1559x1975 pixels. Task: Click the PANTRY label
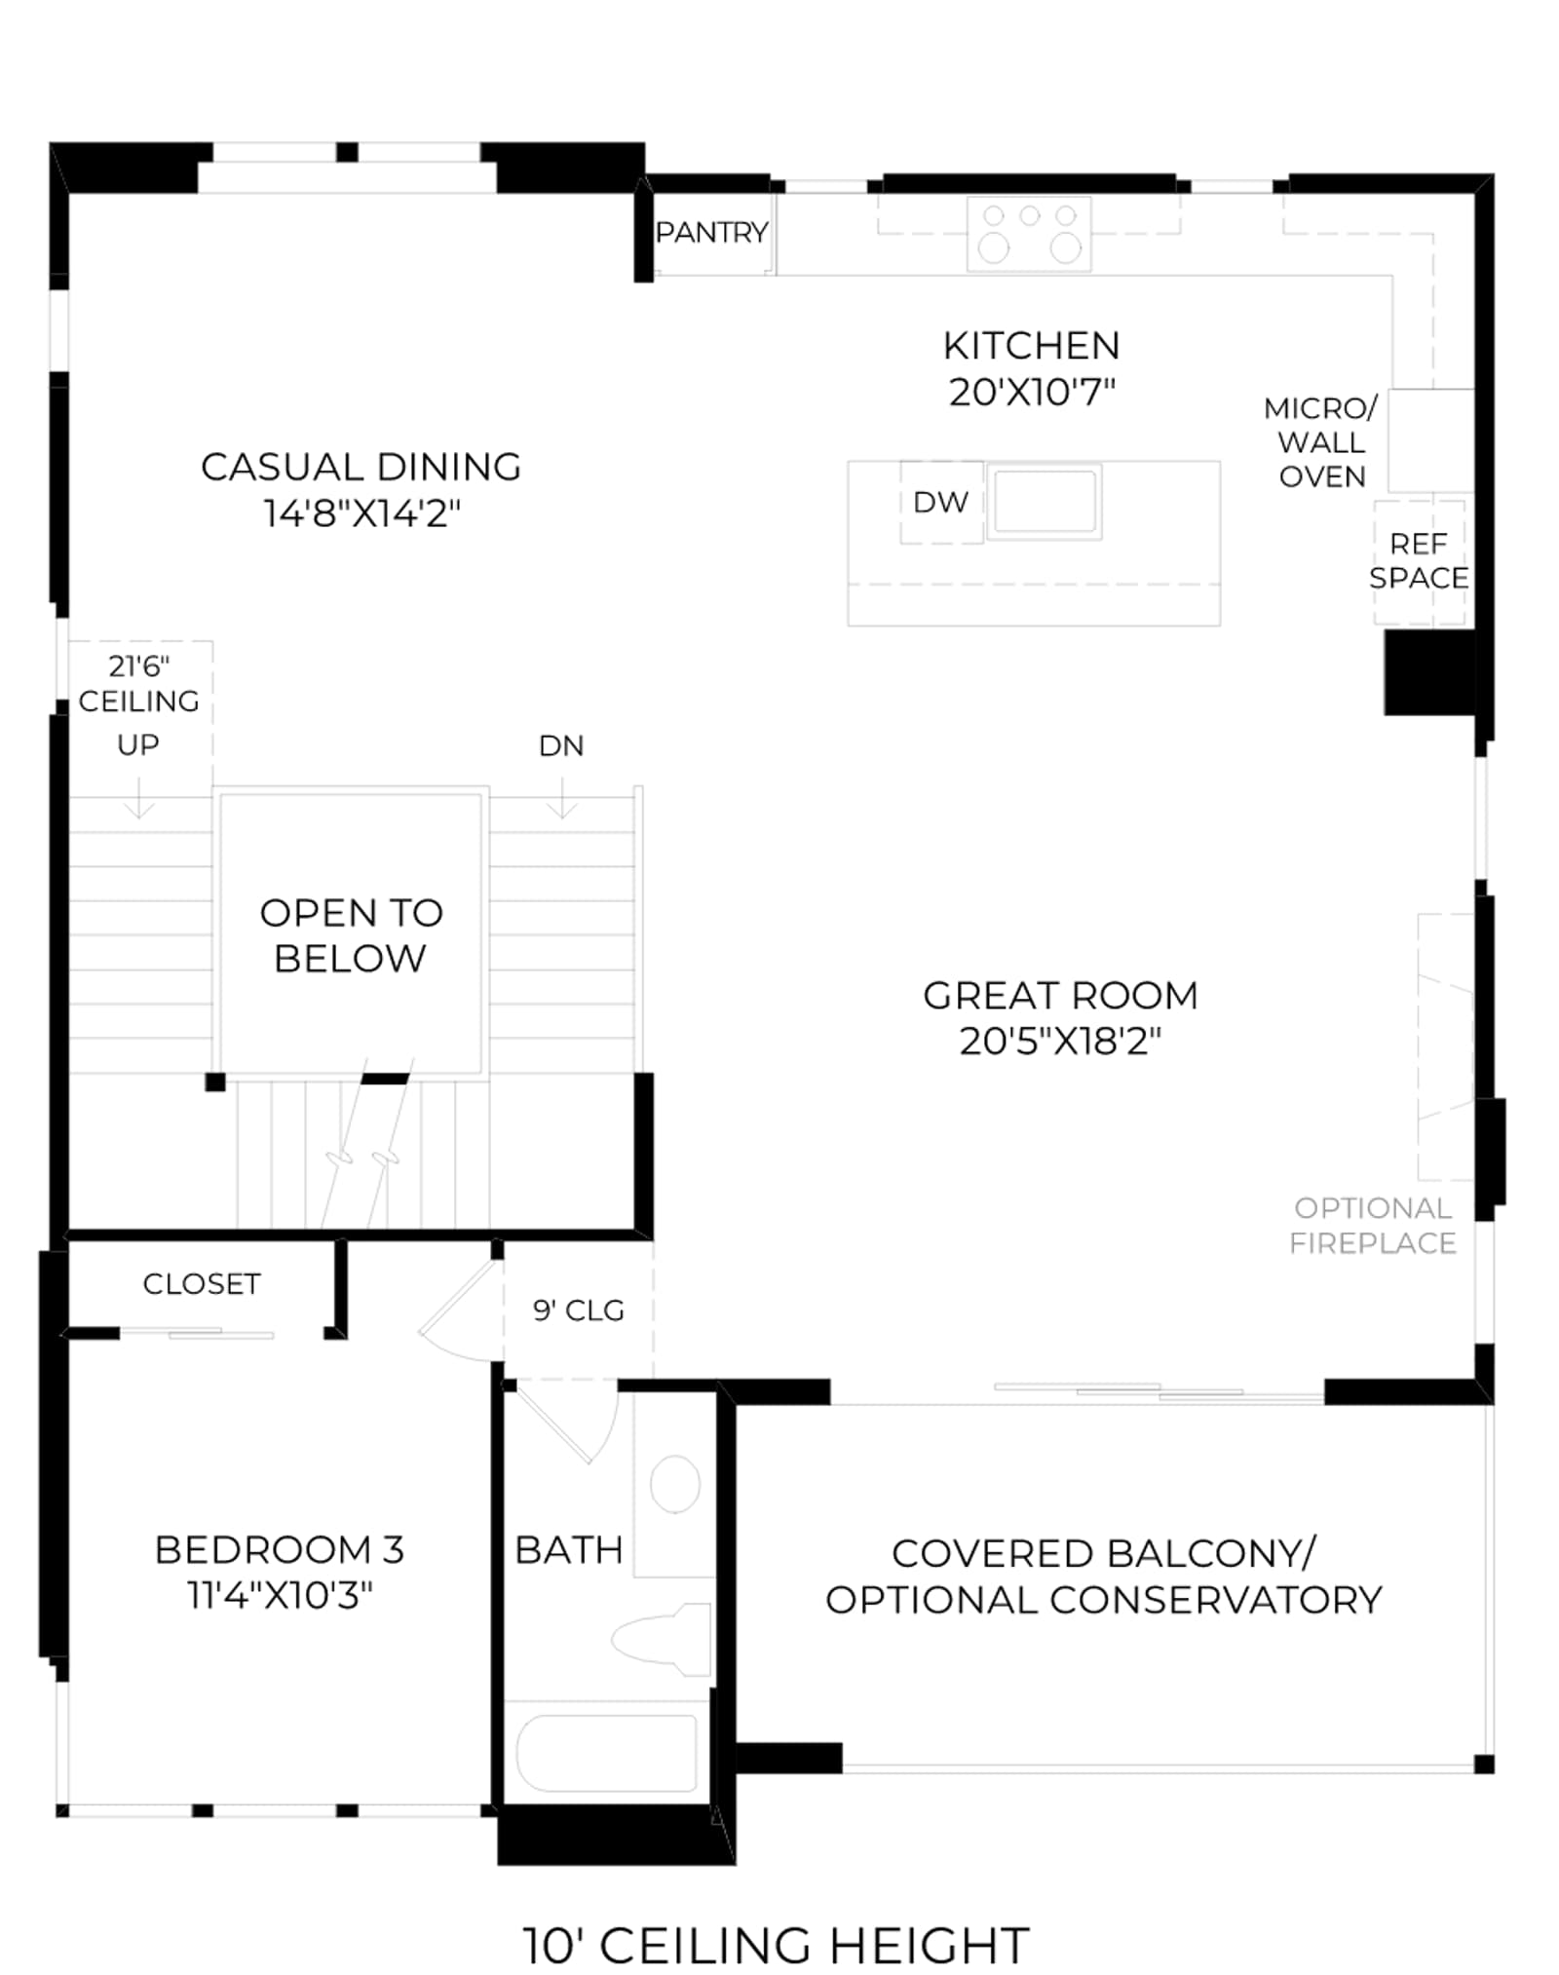711,233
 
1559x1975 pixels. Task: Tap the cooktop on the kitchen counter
1029,234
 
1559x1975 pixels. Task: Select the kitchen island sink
1045,501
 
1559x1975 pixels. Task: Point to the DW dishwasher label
940,503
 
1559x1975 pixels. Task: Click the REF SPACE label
1419,560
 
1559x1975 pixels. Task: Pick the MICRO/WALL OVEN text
1321,442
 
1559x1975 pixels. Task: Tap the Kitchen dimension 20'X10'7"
1032,392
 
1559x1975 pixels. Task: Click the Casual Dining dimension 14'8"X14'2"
361,513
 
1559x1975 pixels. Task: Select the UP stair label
138,744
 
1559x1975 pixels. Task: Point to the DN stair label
561,745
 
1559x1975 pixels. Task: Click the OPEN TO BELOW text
351,935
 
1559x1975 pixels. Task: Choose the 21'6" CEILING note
138,683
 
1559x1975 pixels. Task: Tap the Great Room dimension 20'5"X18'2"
1060,1041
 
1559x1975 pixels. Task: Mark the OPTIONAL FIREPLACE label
1373,1225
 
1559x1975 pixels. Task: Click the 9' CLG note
579,1310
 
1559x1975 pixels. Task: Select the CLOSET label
202,1284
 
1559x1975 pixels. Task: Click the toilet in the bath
663,1640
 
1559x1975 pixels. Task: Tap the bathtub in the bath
606,1754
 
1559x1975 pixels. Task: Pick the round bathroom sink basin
674,1485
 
